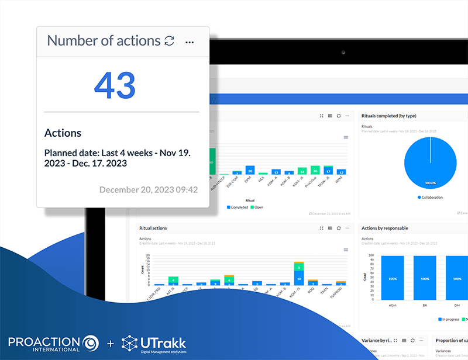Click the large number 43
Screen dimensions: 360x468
click(115, 85)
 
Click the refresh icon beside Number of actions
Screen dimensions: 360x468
click(169, 41)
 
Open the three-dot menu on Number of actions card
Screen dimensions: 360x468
click(189, 41)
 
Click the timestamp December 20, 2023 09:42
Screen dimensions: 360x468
click(148, 189)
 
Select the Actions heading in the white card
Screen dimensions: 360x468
click(63, 133)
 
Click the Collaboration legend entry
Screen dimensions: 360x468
click(430, 198)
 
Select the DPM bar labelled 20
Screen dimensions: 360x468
click(250, 170)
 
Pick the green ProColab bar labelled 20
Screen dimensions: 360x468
click(315, 171)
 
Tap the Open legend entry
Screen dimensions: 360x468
click(257, 207)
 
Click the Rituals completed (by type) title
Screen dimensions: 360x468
click(388, 116)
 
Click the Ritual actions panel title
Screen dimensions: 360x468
click(154, 228)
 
